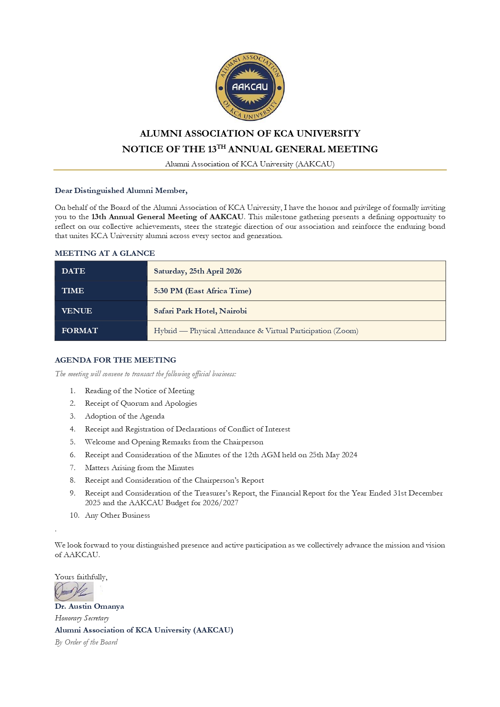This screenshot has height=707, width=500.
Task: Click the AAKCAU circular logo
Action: coord(250,87)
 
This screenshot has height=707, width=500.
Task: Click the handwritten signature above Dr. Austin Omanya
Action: coord(74,591)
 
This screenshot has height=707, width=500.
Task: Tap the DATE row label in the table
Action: coord(73,271)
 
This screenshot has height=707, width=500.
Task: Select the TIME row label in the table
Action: coord(73,291)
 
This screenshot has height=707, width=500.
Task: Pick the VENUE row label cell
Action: coord(77,311)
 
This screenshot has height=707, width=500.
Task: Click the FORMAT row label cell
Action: coord(80,331)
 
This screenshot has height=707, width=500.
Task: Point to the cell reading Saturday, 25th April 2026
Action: coord(197,271)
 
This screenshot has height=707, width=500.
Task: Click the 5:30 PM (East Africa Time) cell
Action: coord(202,291)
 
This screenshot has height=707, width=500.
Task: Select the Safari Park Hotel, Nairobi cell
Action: coord(200,311)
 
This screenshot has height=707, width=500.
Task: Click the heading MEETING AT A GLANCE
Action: coord(105,253)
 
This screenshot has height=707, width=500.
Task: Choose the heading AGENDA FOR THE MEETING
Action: coord(115,360)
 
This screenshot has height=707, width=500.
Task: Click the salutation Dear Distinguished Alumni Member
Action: coord(121,191)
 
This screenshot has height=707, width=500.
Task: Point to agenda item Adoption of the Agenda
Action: coord(124,416)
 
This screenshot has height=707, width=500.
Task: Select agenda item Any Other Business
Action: coord(117,515)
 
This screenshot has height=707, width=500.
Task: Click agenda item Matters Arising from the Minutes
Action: coord(139,468)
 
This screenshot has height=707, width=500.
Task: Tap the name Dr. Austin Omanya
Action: coord(89,606)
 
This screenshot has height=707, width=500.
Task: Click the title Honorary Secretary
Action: coord(82,618)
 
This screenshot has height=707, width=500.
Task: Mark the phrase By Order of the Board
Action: coord(86,642)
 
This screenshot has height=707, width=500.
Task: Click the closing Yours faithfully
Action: coord(81,577)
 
